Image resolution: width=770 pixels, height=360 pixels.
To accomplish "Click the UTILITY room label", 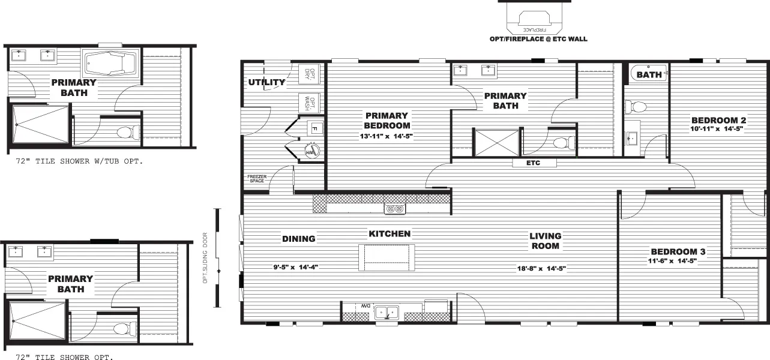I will point(266,82).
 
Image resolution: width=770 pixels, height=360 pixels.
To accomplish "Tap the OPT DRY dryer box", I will point(310,74).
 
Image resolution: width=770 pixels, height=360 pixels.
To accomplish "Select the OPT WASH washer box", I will point(310,103).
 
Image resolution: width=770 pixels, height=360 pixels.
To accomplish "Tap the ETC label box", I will point(534,163).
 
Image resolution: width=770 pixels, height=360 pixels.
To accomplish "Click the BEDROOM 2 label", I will point(718,120).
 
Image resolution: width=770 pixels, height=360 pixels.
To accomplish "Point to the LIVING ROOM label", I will point(545,241).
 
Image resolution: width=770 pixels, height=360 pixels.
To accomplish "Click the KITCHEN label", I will point(390,233).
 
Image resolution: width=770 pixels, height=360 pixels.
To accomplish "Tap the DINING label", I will point(298,239).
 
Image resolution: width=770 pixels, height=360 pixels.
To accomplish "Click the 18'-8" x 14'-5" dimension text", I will point(542,268).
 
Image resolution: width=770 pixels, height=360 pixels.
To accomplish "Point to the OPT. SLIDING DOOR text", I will point(205,258).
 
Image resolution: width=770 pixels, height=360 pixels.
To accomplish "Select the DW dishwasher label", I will point(364,307).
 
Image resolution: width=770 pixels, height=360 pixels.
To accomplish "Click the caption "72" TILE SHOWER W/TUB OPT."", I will point(79,162).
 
